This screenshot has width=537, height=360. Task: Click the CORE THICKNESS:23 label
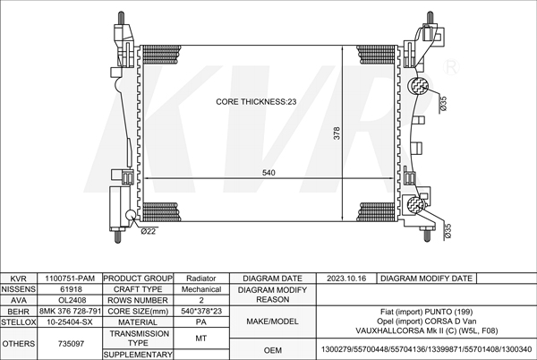256,102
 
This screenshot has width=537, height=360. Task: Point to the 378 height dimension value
337,133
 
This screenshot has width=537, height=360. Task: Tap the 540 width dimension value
268,173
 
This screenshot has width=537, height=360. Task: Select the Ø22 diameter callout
149,232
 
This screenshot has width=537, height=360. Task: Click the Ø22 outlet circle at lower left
131,215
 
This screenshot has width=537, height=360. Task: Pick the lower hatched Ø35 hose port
416,204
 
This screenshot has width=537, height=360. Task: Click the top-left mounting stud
121,18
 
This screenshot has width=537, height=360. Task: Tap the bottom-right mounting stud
428,236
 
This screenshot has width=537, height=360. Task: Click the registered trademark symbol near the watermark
451,67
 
